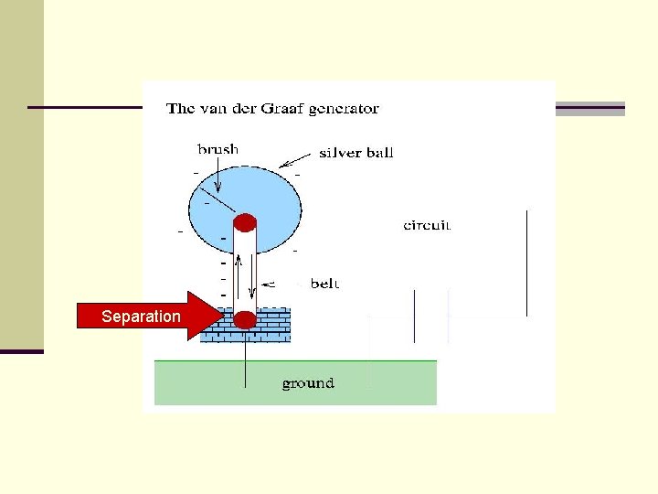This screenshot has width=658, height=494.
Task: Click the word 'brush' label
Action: click(x=218, y=148)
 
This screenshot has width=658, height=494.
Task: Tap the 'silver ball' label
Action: click(x=356, y=153)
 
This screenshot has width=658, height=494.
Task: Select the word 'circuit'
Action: click(x=427, y=225)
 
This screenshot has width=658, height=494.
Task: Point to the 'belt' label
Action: click(x=324, y=284)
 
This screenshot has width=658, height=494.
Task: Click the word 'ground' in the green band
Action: click(x=308, y=382)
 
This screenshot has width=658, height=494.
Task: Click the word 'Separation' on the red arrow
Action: click(x=141, y=317)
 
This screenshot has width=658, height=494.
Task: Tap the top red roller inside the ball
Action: click(x=245, y=222)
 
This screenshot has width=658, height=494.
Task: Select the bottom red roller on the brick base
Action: click(x=245, y=319)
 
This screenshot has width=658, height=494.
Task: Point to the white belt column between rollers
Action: click(x=245, y=270)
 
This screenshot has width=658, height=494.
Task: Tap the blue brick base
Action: click(x=274, y=325)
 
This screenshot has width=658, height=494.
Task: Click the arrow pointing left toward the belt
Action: click(x=274, y=284)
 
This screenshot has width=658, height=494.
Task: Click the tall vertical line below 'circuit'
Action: click(x=526, y=263)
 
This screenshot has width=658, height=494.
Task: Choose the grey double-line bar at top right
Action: click(x=590, y=109)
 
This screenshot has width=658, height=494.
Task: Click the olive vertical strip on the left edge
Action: click(x=21, y=174)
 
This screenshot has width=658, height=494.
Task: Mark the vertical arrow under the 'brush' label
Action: click(x=218, y=176)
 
